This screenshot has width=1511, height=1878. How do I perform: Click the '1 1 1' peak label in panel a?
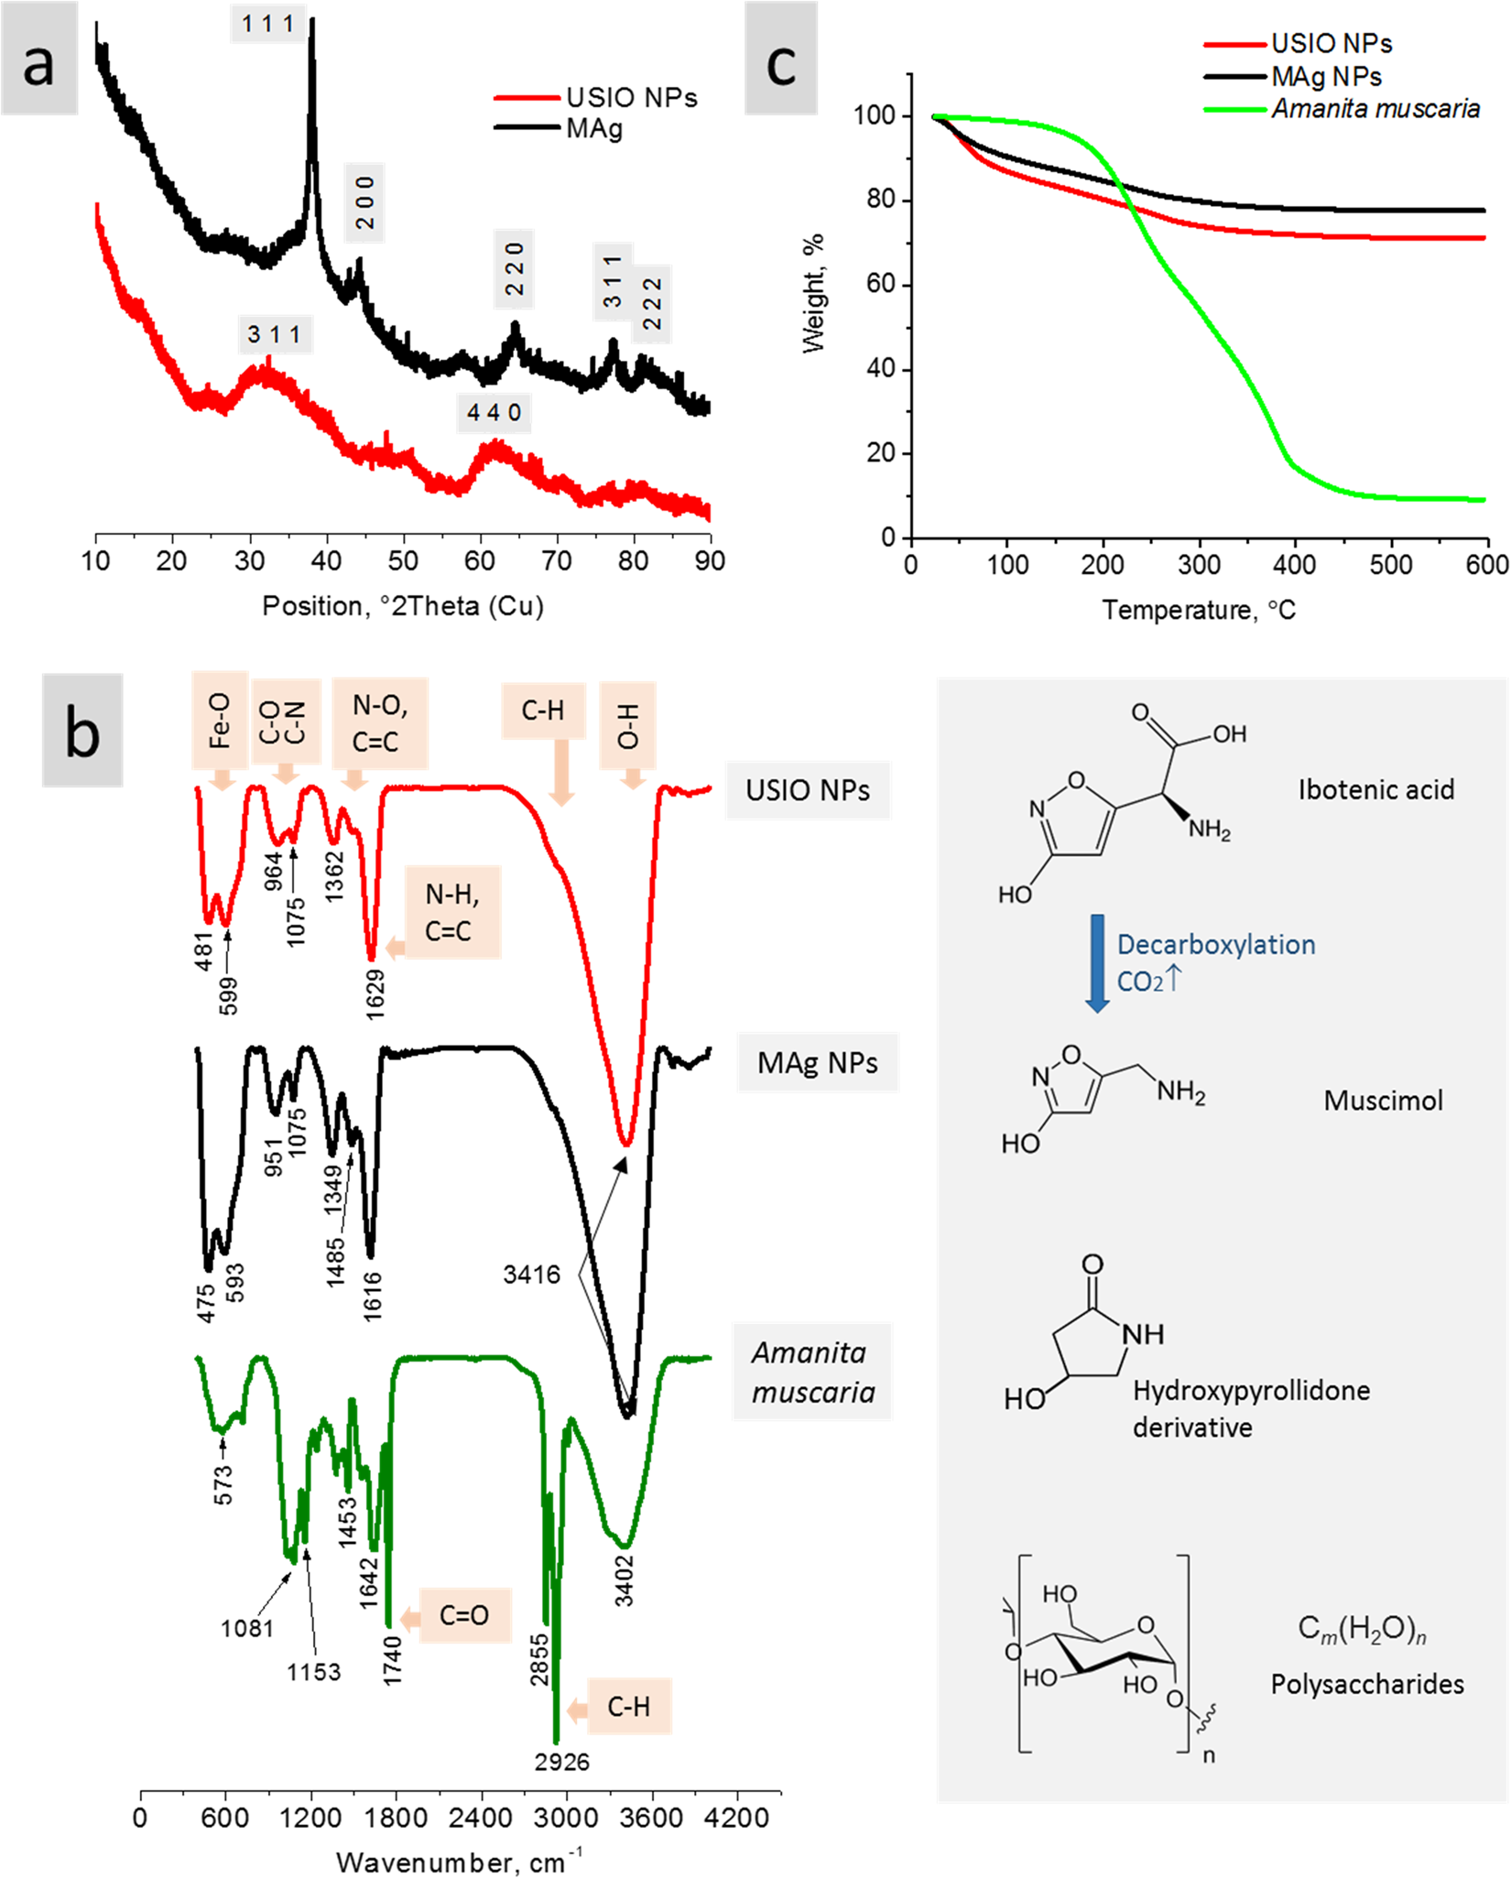point(267,24)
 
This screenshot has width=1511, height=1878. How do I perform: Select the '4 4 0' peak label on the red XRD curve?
point(494,413)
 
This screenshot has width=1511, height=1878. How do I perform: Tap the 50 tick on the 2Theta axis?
point(403,560)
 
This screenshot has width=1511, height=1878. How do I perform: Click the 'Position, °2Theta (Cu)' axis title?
point(403,606)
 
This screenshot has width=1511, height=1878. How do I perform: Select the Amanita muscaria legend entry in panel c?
point(1374,109)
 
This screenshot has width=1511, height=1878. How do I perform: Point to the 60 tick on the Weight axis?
point(881,285)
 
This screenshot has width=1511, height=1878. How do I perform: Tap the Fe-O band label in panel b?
point(220,721)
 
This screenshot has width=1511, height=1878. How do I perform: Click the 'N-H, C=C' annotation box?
point(452,912)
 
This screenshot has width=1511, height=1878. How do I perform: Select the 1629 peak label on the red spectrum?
point(375,993)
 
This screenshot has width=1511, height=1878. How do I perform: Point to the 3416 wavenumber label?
point(531,1274)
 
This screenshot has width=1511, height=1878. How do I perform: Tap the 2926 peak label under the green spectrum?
point(562,1763)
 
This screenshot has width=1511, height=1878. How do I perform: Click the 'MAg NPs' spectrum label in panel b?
point(817,1062)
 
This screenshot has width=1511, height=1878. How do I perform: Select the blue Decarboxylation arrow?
point(1097,961)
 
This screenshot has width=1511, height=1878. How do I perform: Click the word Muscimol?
point(1383,1100)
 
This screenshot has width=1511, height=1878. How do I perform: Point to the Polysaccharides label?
point(1366,1684)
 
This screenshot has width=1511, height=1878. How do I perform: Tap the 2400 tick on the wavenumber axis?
point(482,1818)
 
